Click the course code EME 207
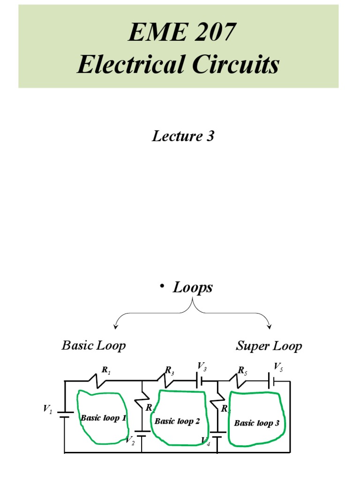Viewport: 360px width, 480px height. (x=178, y=35)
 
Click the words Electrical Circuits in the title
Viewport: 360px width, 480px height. (x=178, y=65)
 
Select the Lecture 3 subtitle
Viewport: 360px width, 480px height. (x=183, y=136)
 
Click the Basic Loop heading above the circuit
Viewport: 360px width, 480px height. (x=94, y=346)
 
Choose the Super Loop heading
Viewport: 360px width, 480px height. (x=269, y=346)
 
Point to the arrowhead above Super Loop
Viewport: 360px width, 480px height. (x=269, y=327)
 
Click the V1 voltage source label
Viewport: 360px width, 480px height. (x=48, y=410)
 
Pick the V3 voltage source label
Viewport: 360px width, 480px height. (x=202, y=366)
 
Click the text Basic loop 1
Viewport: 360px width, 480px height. (x=103, y=418)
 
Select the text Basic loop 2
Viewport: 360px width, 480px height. (x=177, y=421)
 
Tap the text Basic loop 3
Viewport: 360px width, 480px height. (x=256, y=423)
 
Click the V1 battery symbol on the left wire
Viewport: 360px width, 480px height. (x=65, y=414)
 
